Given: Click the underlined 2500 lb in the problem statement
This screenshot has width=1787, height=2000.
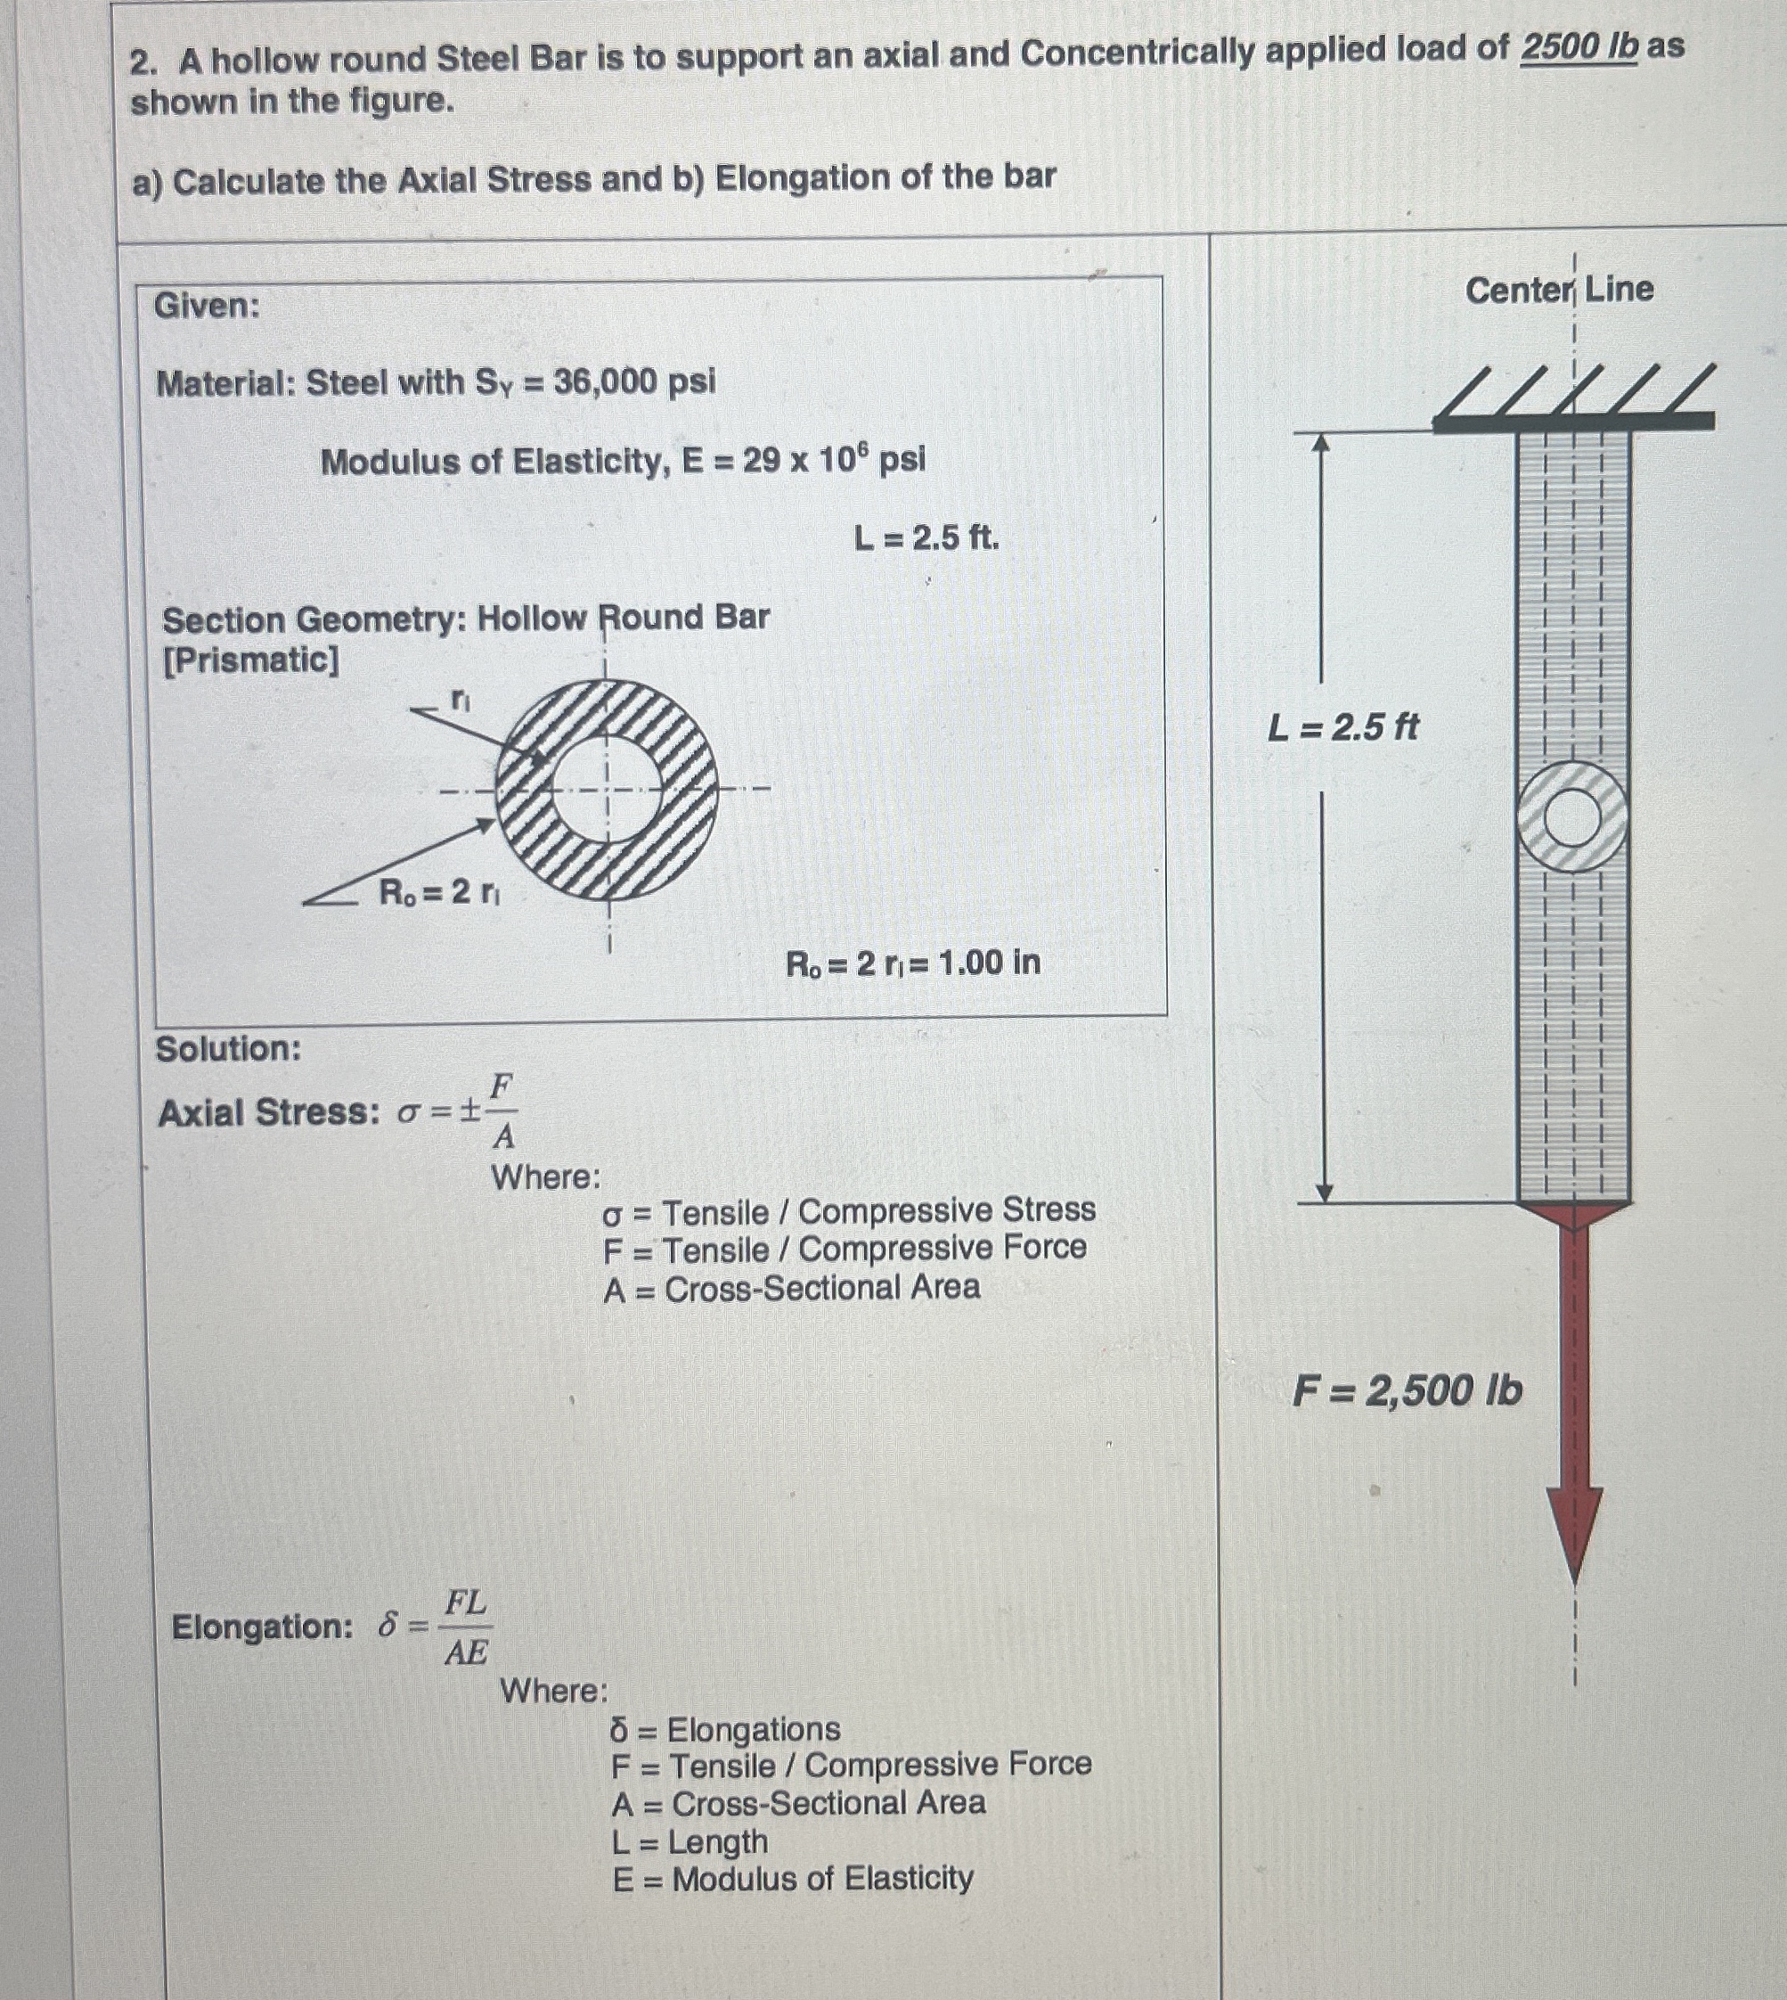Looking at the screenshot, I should click(1578, 47).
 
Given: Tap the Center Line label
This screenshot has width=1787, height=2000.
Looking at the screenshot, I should click(1558, 290).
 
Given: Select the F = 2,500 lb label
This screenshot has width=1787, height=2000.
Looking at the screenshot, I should click(1406, 1390).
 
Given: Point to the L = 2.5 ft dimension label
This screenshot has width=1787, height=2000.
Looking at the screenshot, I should click(1342, 727).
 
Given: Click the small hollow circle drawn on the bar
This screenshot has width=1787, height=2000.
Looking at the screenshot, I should click(1572, 818).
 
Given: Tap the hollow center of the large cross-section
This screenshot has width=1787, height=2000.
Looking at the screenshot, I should click(606, 789).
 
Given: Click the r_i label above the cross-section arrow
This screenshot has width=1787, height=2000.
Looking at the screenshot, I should click(461, 699).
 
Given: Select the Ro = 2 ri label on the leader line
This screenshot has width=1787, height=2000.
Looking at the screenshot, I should click(439, 892).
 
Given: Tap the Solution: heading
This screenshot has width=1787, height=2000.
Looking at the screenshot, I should click(229, 1049).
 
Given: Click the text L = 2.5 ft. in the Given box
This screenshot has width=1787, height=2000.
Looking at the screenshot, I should click(926, 537).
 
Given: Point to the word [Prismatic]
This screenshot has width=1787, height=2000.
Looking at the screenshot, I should click(250, 660).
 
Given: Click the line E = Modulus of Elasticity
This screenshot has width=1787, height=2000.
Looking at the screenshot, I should click(792, 1878).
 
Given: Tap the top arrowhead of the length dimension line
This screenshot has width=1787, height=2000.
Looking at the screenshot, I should click(1322, 444).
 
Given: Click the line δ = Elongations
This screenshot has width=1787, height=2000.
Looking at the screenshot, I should click(724, 1728).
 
